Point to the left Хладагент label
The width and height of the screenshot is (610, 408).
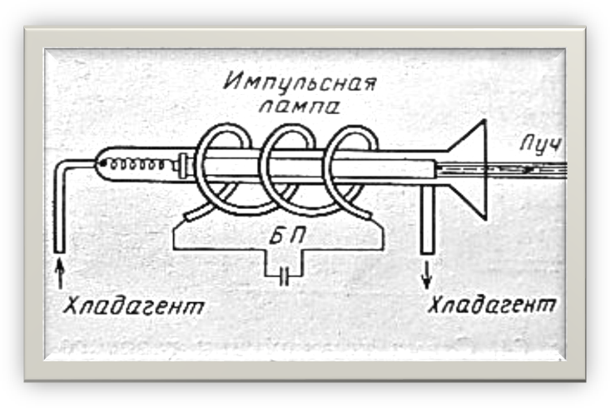[x=133, y=307]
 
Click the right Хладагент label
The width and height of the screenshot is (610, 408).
[x=491, y=306]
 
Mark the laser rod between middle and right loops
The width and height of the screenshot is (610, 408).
[x=320, y=167]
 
